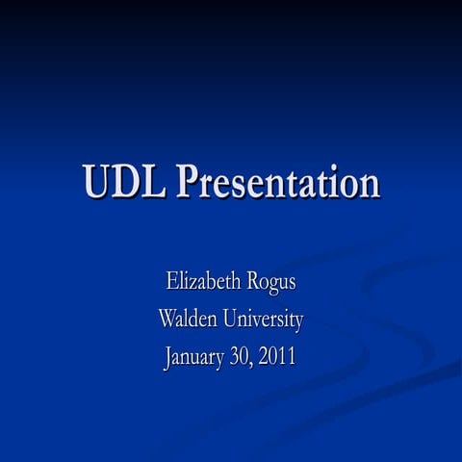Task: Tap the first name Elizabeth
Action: [x=203, y=283]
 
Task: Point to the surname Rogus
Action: [x=270, y=284]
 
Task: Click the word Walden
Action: [x=189, y=319]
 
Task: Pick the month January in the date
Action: [x=197, y=356]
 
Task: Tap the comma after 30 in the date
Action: [x=257, y=363]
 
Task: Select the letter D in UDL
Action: [x=126, y=183]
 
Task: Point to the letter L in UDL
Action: [x=153, y=183]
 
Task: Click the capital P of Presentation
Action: [x=184, y=183]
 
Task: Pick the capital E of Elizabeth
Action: [x=172, y=283]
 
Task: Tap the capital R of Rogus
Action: [x=253, y=283]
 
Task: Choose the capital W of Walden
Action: [x=167, y=319]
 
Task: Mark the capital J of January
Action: [x=167, y=355]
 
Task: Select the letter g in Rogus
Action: [x=275, y=287]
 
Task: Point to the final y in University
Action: [x=298, y=322]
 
